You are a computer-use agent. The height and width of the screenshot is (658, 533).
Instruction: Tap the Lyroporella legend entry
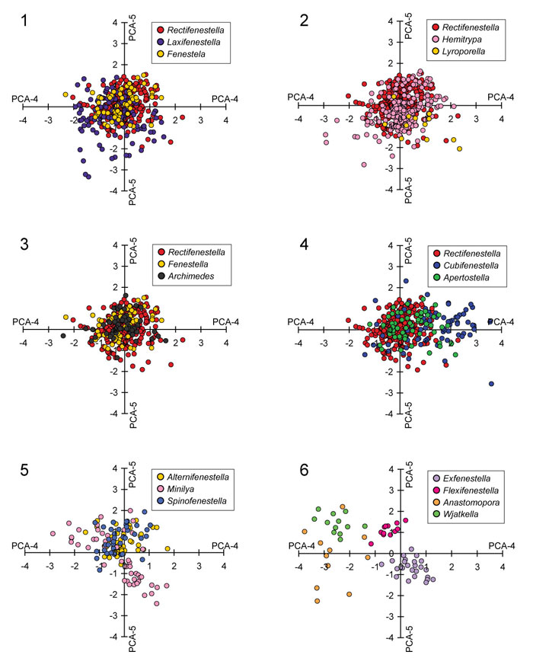tap(465, 56)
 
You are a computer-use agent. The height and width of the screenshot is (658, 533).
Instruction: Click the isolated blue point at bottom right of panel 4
tap(491, 384)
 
